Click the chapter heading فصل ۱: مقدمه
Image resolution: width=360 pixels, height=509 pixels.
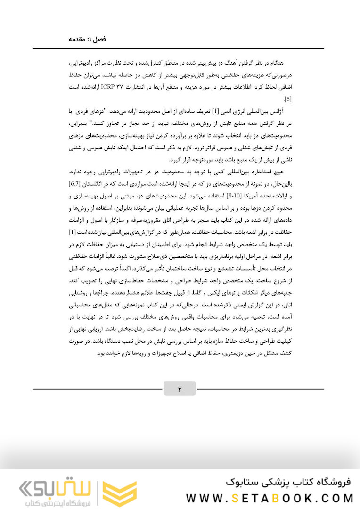coord(87,39)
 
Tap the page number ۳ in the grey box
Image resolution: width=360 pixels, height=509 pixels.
coord(180,389)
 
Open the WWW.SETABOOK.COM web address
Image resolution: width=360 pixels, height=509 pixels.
coord(270,498)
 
